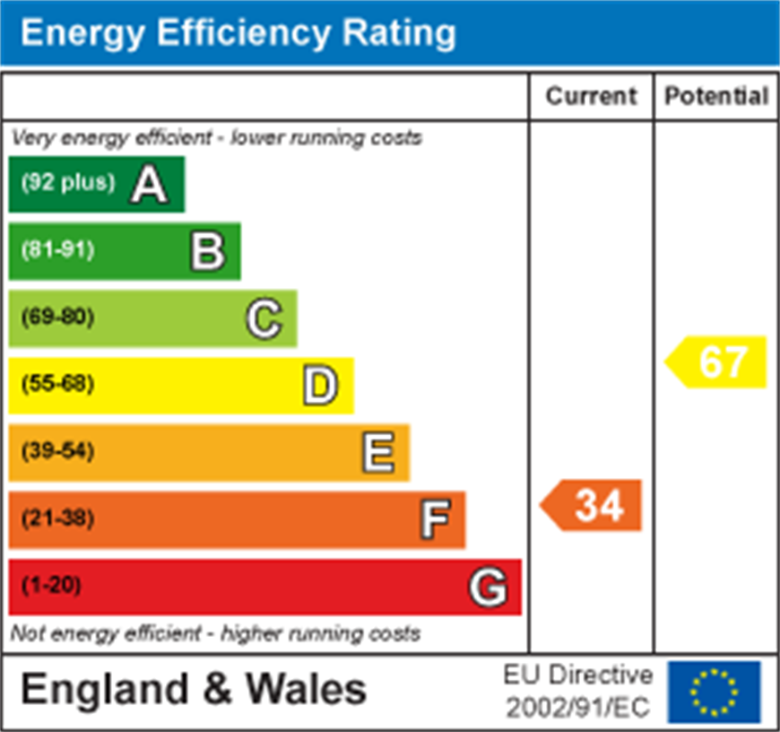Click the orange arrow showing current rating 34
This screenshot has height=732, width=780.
pos(593,506)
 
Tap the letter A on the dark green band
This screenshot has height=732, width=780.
pos(149,185)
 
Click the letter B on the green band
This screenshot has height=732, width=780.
pos(207,252)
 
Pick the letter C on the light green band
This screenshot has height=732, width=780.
pos(264,318)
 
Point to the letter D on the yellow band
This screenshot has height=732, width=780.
pos(320,386)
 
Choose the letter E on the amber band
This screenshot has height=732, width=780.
pos(377,452)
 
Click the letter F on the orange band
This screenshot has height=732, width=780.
pos(435,519)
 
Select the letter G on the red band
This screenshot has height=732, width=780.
pos(489,588)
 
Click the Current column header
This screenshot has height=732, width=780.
pos(591,97)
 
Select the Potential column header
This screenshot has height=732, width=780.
pos(715,97)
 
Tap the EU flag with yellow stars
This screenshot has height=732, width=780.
pos(714,692)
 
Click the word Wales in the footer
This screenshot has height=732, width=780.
pos(306,690)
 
